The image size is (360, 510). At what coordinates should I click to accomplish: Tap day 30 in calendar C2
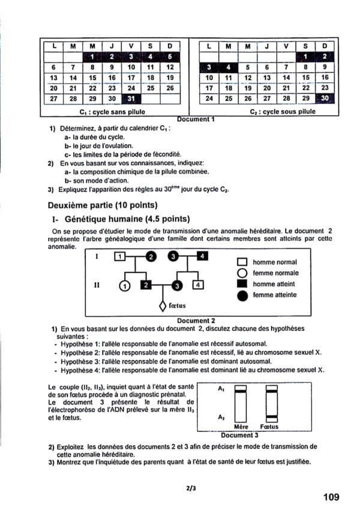pyautogui.click(x=325, y=98)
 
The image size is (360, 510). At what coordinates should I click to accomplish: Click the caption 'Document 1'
pyautogui.click(x=197, y=119)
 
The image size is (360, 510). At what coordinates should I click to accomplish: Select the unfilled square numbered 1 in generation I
pyautogui.click(x=120, y=257)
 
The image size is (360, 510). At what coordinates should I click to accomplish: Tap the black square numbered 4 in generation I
pyautogui.click(x=203, y=257)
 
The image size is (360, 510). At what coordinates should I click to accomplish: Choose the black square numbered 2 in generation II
pyautogui.click(x=145, y=285)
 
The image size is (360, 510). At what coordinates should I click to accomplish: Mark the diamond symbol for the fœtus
pyautogui.click(x=162, y=306)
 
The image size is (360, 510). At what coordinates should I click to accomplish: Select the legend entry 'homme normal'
pyautogui.click(x=274, y=262)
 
